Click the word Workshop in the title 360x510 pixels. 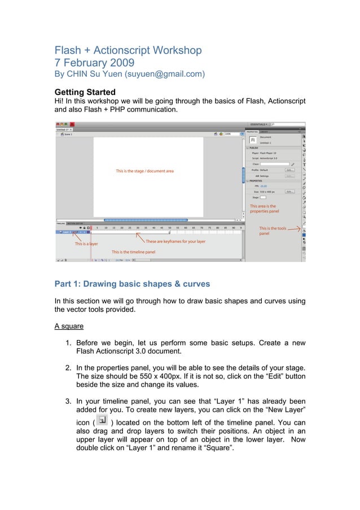click(x=175, y=50)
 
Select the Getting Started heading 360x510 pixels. click(x=85, y=91)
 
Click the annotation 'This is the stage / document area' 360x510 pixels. click(x=144, y=171)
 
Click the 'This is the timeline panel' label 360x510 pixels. click(x=133, y=252)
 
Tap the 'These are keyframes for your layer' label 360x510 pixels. click(x=175, y=241)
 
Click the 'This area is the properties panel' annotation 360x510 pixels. click(x=264, y=209)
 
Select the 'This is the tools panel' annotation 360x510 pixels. click(x=272, y=230)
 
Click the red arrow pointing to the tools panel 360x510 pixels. click(x=295, y=229)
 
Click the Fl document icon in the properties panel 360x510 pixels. click(x=253, y=140)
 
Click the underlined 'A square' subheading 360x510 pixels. click(x=71, y=326)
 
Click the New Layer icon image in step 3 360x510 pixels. click(x=102, y=420)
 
